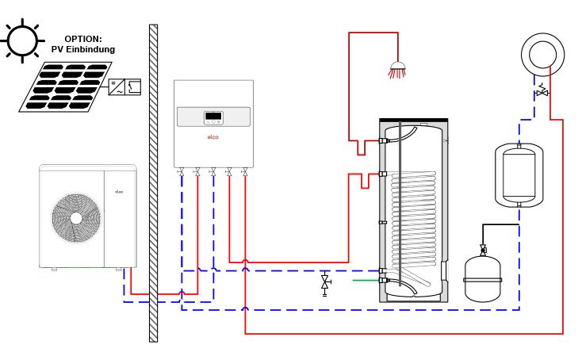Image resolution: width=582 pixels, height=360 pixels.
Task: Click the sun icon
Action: (22, 40)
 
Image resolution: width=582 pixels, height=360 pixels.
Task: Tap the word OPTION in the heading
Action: (83, 39)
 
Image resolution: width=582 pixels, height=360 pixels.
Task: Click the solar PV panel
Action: (65, 86)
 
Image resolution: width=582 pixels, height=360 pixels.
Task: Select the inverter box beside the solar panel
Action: (124, 86)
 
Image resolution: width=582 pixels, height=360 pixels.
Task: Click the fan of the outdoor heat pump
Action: (76, 218)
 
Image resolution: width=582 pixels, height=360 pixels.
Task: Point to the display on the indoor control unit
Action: (213, 117)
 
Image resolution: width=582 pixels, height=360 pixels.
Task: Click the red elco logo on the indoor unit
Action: (213, 137)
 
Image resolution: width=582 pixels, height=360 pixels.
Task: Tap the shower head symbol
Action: (397, 70)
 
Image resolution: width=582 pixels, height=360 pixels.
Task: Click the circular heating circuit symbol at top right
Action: (542, 55)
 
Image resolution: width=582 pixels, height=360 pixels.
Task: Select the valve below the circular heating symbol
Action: (542, 92)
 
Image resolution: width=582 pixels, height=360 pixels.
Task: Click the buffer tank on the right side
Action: (519, 175)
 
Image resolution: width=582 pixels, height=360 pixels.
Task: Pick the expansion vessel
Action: (482, 278)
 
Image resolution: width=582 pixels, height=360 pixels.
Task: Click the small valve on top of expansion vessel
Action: (483, 250)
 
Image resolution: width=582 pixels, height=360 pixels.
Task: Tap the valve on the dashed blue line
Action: (324, 281)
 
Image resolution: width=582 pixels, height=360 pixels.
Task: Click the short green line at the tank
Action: (365, 280)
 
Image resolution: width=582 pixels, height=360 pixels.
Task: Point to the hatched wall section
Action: (153, 182)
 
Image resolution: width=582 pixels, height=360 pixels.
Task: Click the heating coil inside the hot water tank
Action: (413, 218)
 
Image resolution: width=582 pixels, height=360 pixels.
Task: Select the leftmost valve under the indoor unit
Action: (182, 171)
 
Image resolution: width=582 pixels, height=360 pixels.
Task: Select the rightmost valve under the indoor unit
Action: (244, 171)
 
